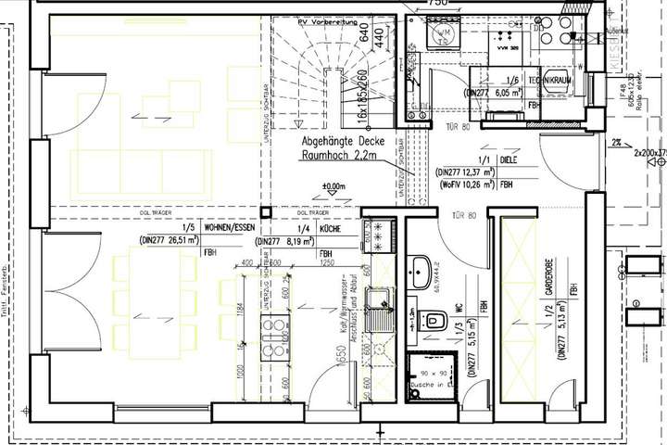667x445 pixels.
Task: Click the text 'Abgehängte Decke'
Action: (333, 143)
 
